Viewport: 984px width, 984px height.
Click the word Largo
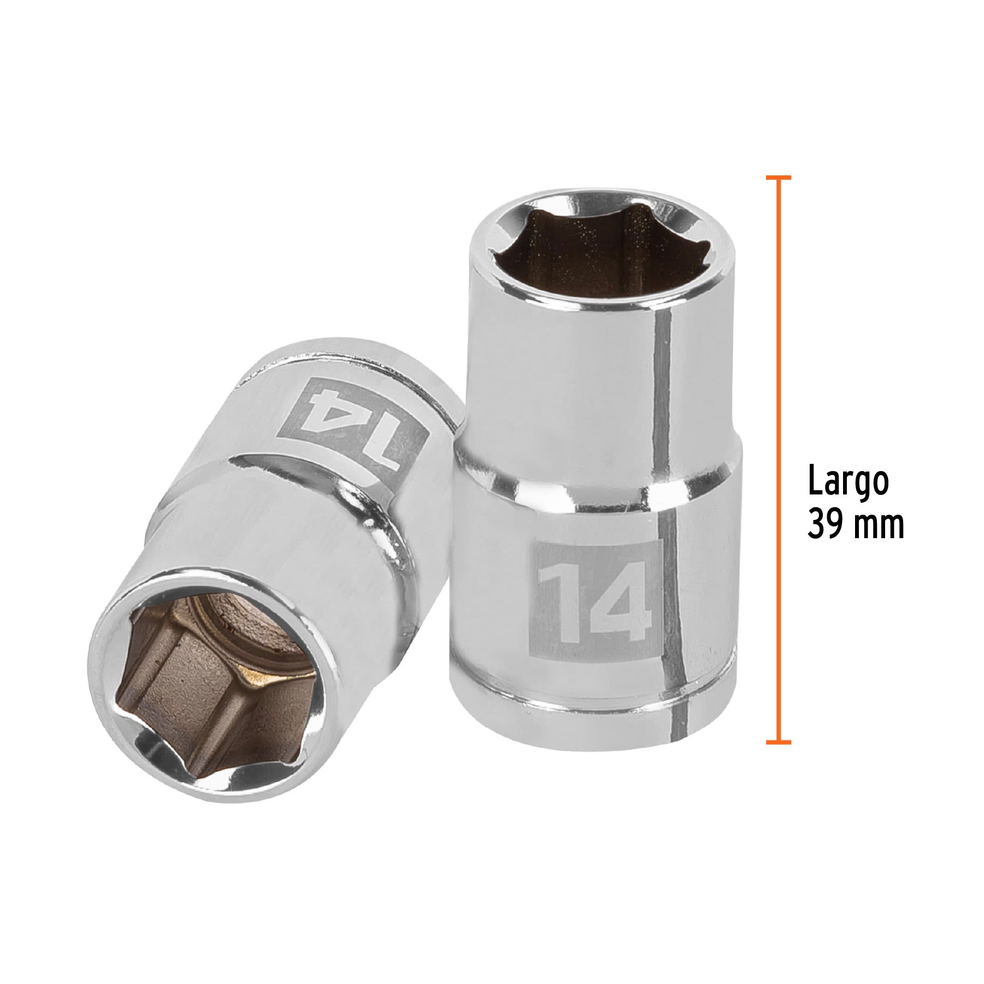tap(849, 482)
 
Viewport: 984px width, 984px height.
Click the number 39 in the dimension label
tap(825, 523)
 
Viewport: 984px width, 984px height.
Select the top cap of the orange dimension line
tap(778, 178)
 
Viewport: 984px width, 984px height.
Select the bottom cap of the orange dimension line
tap(778, 742)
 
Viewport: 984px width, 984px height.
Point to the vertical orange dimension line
tap(778, 459)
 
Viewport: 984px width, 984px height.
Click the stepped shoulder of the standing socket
tap(596, 486)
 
